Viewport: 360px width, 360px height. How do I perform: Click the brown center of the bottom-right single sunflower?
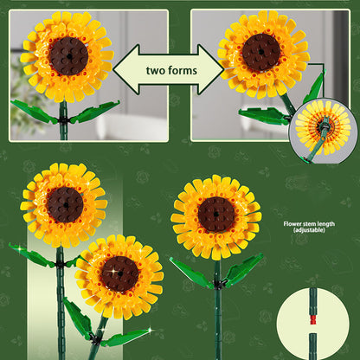click(216, 215)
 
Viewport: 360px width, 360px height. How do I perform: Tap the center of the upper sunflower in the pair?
click(65, 204)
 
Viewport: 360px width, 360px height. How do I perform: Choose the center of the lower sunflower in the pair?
click(119, 273)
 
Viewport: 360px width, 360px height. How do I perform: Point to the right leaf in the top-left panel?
click(95, 111)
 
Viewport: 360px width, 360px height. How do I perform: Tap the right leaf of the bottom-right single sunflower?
click(243, 268)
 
